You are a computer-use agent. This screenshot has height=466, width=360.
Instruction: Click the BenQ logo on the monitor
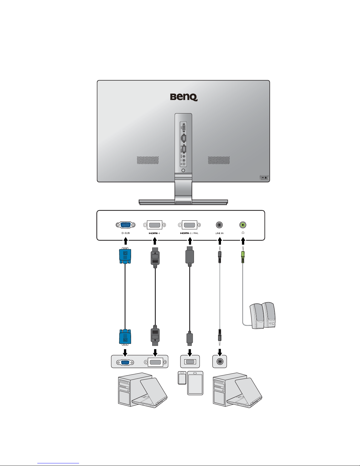[x=184, y=97]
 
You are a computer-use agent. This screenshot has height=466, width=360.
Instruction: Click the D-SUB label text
[x=125, y=233]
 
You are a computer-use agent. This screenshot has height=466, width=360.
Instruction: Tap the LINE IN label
[x=219, y=233]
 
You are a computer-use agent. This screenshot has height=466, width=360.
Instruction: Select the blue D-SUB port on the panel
[x=125, y=225]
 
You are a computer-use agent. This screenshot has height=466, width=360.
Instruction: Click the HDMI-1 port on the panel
[x=155, y=225]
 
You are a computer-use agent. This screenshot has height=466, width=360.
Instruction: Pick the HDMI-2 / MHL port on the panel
[x=190, y=225]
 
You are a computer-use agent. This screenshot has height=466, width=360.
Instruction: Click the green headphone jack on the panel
[x=243, y=225]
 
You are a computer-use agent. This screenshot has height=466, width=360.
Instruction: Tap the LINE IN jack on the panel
[x=219, y=225]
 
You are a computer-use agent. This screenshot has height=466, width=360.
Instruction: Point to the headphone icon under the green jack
[x=243, y=233]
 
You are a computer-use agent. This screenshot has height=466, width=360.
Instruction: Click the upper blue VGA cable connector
[x=125, y=256]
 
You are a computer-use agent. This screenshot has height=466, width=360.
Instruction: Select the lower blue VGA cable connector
[x=125, y=337]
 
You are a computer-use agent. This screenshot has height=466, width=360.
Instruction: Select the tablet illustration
[x=195, y=383]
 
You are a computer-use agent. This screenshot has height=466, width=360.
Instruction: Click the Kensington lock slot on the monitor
[x=264, y=178]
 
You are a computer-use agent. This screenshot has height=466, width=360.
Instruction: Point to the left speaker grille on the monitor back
[x=148, y=160]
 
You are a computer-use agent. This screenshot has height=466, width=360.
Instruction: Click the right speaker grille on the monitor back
[x=219, y=160]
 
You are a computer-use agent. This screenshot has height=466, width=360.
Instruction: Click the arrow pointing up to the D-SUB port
[x=125, y=241]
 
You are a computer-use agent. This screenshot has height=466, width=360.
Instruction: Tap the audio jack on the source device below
[x=220, y=362]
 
